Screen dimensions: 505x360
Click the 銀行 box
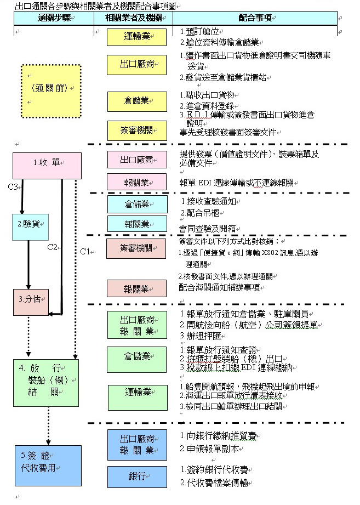136,476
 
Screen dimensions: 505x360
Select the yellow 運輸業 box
136,37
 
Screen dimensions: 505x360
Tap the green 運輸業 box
136,393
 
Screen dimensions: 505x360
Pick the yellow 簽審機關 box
136,130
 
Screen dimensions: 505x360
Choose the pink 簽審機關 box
136,248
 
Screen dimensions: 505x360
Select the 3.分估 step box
31,300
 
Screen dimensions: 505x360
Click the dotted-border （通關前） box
51,87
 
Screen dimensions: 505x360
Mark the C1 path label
85,252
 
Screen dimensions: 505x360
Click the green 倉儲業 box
136,356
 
